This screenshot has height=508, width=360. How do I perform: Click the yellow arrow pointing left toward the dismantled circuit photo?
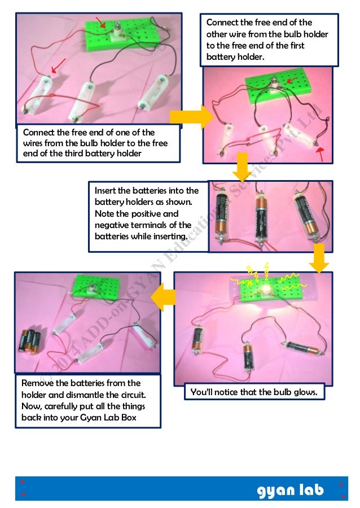tap(164, 297)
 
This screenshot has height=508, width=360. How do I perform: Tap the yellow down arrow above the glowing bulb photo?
tap(319, 258)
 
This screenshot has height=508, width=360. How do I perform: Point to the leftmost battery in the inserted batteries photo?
tap(221, 215)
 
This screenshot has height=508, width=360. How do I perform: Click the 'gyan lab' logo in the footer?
tap(291, 491)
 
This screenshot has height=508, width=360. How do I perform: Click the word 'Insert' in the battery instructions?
tap(107, 191)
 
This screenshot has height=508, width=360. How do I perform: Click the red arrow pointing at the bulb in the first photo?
tap(101, 23)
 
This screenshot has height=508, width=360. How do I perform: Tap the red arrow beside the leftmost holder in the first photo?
tap(59, 65)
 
